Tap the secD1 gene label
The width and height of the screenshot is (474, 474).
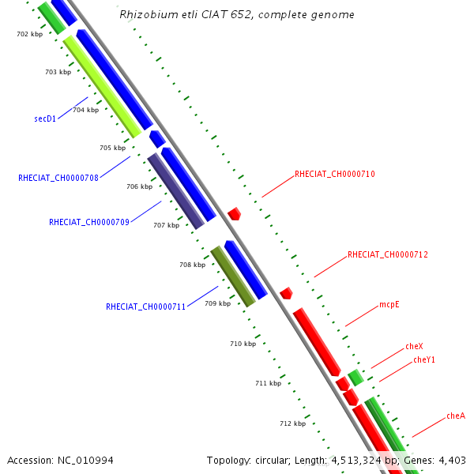(45, 118)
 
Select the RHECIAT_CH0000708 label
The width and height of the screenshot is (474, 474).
(58, 178)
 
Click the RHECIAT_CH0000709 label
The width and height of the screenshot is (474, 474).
(89, 222)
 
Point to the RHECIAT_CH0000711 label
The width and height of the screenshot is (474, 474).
(146, 307)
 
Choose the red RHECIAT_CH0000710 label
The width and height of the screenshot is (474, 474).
(334, 174)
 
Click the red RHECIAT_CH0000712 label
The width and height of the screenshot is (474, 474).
(388, 254)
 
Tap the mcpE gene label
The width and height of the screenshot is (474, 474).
(389, 304)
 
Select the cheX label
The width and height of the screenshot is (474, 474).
(414, 346)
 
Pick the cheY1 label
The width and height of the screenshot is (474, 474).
(424, 359)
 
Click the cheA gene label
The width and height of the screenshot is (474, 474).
(456, 416)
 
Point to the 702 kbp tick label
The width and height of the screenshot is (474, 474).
(29, 34)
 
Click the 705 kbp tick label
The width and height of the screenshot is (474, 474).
(112, 148)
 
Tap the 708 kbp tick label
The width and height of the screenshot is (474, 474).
(192, 265)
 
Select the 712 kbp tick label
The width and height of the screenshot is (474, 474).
(292, 423)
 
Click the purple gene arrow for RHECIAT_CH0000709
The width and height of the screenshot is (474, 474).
(175, 191)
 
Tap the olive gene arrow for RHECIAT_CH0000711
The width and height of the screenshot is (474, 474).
(232, 276)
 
